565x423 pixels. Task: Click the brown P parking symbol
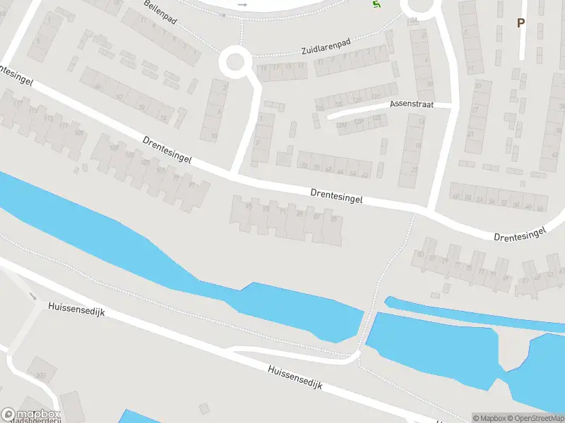521,23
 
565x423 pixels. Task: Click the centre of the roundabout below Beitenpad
236,63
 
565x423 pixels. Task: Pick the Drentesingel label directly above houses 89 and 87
336,195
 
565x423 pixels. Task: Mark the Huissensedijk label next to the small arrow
76,308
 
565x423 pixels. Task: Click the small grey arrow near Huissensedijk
32,296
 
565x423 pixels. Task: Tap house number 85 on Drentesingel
333,219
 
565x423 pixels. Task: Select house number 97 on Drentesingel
192,185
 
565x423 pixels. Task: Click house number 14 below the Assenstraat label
422,122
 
